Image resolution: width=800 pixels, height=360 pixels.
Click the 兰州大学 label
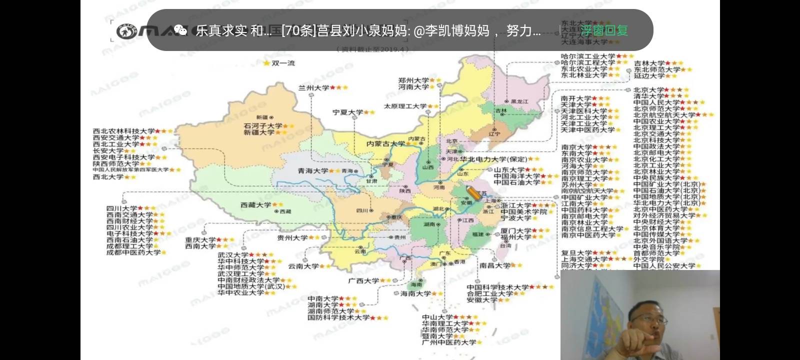pos(313,88)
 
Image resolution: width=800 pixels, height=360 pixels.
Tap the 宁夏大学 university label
pos(347,112)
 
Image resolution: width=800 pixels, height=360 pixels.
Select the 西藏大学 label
pos(255,205)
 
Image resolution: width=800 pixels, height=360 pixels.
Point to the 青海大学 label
pos(313,171)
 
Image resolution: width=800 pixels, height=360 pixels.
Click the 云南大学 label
pos(303,266)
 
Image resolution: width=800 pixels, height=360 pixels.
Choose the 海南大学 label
pos(415,294)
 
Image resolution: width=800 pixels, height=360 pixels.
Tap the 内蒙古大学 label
pos(385,144)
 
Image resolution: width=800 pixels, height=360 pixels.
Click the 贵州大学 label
pos(292,238)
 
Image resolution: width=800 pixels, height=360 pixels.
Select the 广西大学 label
pos(363,281)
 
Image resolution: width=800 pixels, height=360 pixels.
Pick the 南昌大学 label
pos(494,265)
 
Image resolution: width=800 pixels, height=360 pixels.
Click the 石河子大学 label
pos(263,126)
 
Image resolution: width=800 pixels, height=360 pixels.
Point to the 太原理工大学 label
pos(405,106)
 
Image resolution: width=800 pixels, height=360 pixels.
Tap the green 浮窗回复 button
pos(604,30)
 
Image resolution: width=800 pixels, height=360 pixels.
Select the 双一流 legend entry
pos(282,63)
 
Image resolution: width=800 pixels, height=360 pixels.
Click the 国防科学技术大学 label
pos(338,317)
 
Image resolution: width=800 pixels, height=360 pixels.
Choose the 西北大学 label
pos(108,177)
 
